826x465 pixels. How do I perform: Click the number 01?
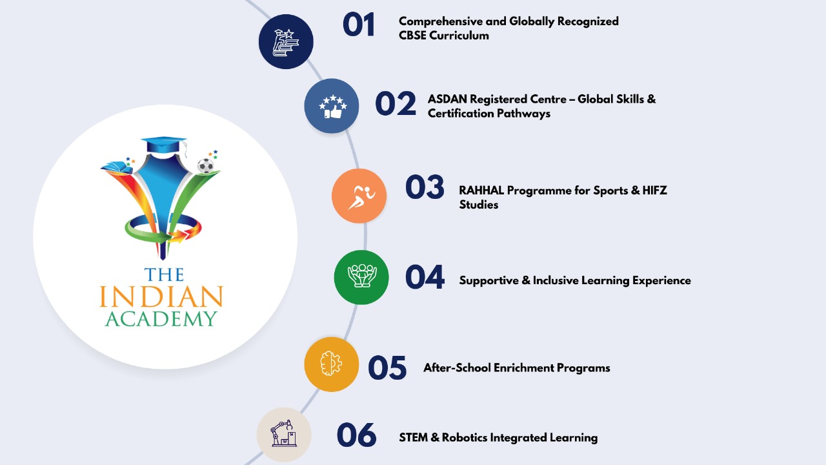tap(359, 25)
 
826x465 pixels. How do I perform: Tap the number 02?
tap(396, 103)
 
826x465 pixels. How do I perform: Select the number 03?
tap(425, 187)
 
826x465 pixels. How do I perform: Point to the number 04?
tap(425, 277)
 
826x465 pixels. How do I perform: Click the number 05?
tap(388, 367)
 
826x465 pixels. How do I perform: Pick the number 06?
tap(357, 435)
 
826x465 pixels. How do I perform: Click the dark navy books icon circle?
tap(286, 42)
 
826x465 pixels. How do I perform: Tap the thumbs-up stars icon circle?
tap(332, 106)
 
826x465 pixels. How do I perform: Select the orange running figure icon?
tap(359, 196)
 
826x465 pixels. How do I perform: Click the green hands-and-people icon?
tap(361, 277)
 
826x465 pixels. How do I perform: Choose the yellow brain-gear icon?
tap(332, 364)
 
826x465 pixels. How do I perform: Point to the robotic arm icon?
tap(284, 435)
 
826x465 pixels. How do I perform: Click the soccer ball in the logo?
tap(205, 166)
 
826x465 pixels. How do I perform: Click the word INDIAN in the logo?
tap(161, 296)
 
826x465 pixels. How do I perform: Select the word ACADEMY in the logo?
tap(161, 319)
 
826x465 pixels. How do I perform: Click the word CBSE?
tap(412, 36)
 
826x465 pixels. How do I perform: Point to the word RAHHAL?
tap(481, 191)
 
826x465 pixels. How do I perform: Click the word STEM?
tap(414, 438)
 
